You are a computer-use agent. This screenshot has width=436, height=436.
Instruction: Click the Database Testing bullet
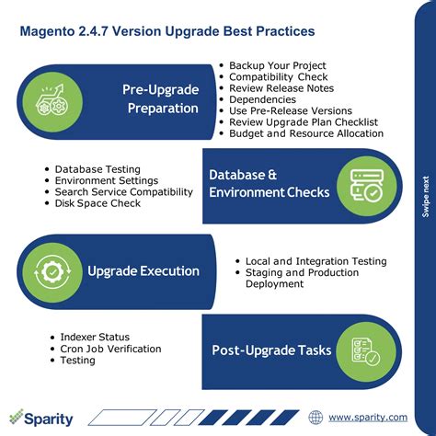[x=98, y=169]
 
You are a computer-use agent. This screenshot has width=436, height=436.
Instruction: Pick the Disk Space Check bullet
[x=98, y=203]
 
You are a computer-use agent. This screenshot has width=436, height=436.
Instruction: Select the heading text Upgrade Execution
[x=143, y=271]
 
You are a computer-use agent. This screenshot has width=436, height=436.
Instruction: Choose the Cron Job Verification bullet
[x=109, y=349]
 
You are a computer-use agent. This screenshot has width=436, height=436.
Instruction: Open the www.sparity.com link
[x=368, y=417]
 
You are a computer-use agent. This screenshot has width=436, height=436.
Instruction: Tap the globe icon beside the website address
[x=316, y=417]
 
